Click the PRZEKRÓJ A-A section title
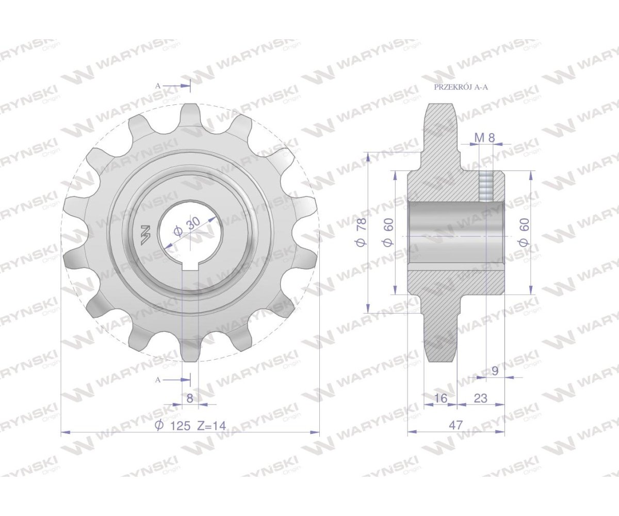pyautogui.click(x=461, y=87)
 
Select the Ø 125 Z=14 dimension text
pyautogui.click(x=190, y=426)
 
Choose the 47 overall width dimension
pyautogui.click(x=455, y=425)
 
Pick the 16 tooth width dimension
pyautogui.click(x=440, y=398)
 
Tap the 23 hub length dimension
pyautogui.click(x=481, y=398)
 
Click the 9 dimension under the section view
pyautogui.click(x=495, y=370)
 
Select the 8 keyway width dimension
pyautogui.click(x=190, y=398)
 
